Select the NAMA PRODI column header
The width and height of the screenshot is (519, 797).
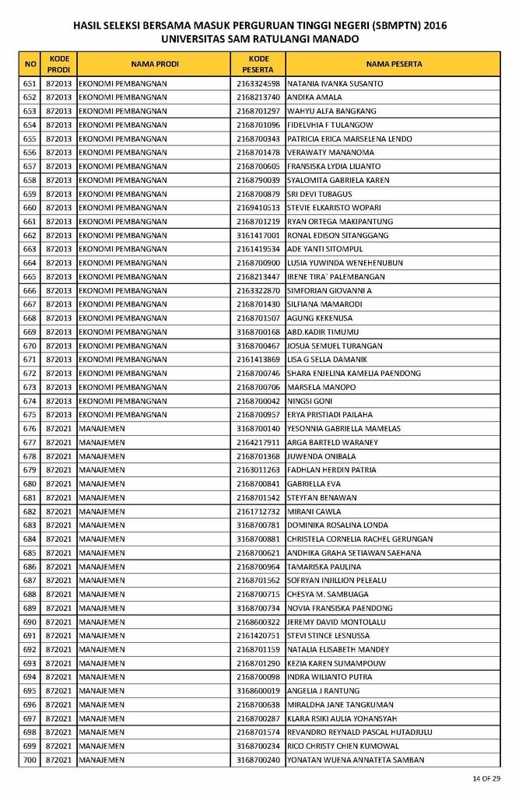point(155,64)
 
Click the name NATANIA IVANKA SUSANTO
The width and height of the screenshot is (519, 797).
point(335,83)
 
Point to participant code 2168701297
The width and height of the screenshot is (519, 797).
point(258,111)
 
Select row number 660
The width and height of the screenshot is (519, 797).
point(30,208)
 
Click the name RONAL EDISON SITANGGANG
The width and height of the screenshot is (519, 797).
point(339,235)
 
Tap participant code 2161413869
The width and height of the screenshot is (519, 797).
point(258,360)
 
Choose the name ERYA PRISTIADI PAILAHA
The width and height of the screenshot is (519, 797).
point(330,415)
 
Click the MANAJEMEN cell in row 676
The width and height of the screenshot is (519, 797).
point(102,429)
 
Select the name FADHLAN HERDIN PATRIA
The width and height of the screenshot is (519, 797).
point(331,470)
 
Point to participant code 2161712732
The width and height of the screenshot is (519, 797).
point(258,511)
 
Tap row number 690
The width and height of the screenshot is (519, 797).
point(30,622)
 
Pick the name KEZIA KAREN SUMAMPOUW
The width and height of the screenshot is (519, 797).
point(336,663)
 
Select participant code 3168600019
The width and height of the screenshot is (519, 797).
point(258,691)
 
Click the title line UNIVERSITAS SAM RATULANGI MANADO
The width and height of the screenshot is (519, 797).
point(260,38)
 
